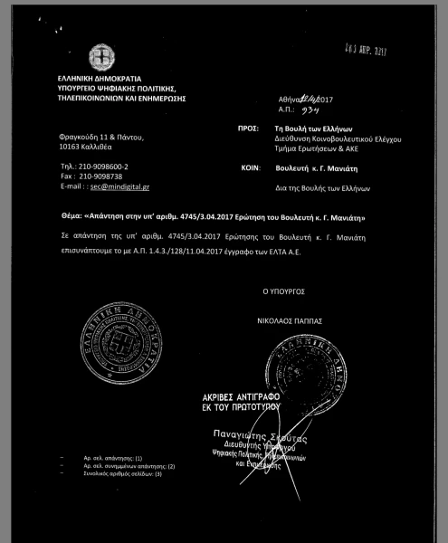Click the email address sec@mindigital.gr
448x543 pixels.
tap(119, 185)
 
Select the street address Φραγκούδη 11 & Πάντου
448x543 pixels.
tap(100, 136)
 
